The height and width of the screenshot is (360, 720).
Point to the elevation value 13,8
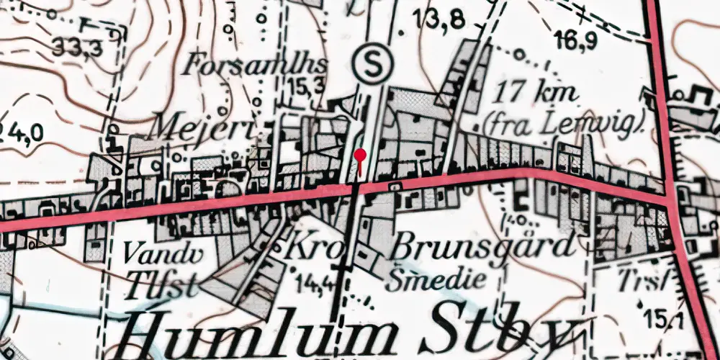(438, 20)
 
